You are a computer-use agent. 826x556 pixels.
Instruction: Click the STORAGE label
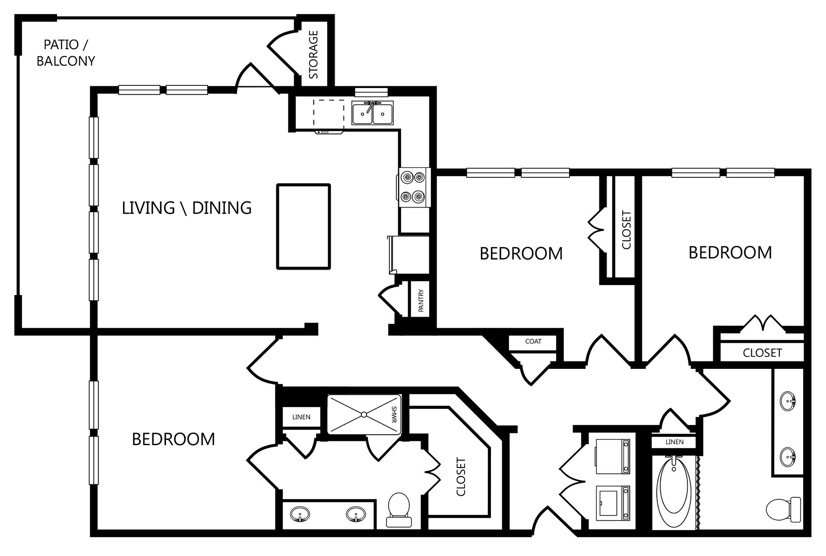pos(314,55)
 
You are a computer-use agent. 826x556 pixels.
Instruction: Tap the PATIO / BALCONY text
pos(66,53)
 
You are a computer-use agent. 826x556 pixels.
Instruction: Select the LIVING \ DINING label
pos(187,208)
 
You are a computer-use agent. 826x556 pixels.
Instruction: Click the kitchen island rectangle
pos(304,227)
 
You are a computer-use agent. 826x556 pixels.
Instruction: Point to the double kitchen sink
pos(372,114)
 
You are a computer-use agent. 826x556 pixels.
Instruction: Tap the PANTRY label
pos(421,301)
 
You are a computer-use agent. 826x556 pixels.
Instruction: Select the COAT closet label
pos(533,341)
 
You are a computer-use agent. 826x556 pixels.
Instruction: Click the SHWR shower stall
pos(364,415)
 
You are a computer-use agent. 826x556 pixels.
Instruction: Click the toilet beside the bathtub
pos(783,510)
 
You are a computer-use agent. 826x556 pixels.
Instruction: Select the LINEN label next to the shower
pos(301,417)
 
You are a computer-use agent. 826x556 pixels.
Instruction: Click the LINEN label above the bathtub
pos(674,442)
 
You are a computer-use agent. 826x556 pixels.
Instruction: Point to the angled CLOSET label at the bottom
pos(461,477)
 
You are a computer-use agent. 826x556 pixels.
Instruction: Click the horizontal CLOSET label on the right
pos(762,353)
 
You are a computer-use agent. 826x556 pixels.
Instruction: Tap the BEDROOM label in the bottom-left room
pos(173,439)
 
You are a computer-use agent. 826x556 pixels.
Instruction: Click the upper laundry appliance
pos(612,455)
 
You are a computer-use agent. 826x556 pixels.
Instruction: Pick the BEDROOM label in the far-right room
pos(730,252)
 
